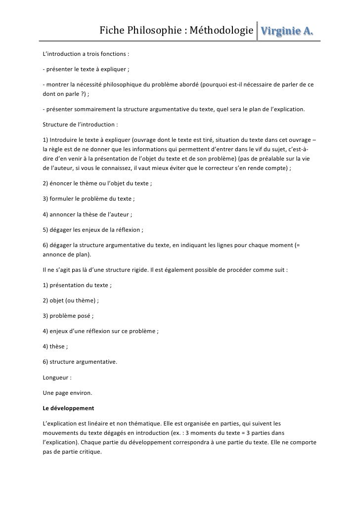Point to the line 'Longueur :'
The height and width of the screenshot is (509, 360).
[x=57, y=378]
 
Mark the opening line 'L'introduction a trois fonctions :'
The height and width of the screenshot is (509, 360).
[x=85, y=53]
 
